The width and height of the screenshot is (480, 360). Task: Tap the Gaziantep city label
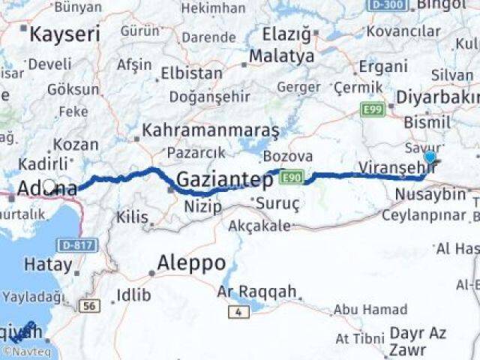[x=224, y=180]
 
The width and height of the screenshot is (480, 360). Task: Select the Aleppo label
[x=191, y=263]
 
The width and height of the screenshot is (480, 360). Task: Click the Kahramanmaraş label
[x=211, y=130]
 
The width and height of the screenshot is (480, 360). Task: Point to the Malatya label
[x=281, y=56]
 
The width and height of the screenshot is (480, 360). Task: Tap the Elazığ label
[x=286, y=34]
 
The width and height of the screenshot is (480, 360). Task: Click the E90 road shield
[x=291, y=178]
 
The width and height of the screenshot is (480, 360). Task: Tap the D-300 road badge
[x=387, y=5]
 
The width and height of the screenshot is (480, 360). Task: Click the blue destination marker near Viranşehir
[x=430, y=157]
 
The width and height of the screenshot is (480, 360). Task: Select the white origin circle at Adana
[x=49, y=185]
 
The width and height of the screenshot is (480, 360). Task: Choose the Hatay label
[x=49, y=264]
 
